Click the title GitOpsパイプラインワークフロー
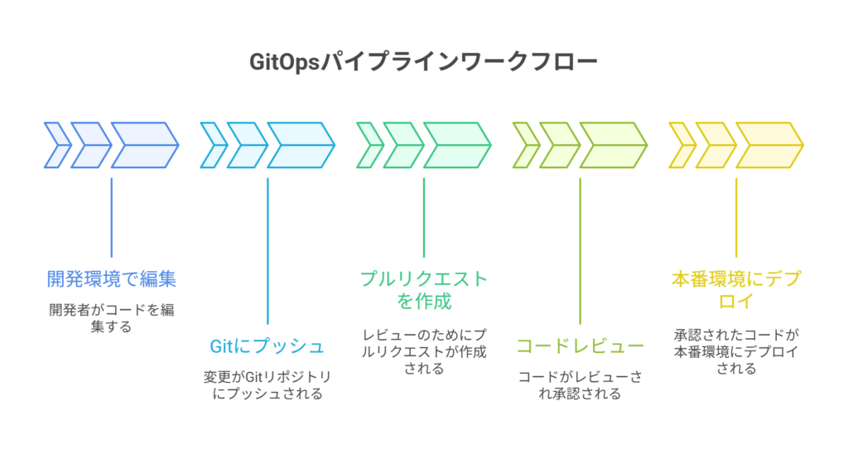pyautogui.click(x=423, y=63)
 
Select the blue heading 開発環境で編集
pyautogui.click(x=111, y=278)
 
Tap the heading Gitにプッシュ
pyautogui.click(x=267, y=346)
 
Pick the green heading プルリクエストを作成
pyautogui.click(x=423, y=289)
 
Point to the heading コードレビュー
pyautogui.click(x=580, y=346)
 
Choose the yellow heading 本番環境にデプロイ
pyautogui.click(x=736, y=289)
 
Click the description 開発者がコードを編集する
pyautogui.click(x=111, y=318)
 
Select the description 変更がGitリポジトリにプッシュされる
pyautogui.click(x=267, y=384)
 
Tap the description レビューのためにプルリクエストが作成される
pyautogui.click(x=423, y=351)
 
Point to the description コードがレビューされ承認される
pyautogui.click(x=580, y=384)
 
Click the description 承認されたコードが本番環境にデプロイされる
pyautogui.click(x=736, y=351)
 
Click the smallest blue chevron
pyautogui.click(x=56, y=146)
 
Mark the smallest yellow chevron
pyautogui.click(x=682, y=146)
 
